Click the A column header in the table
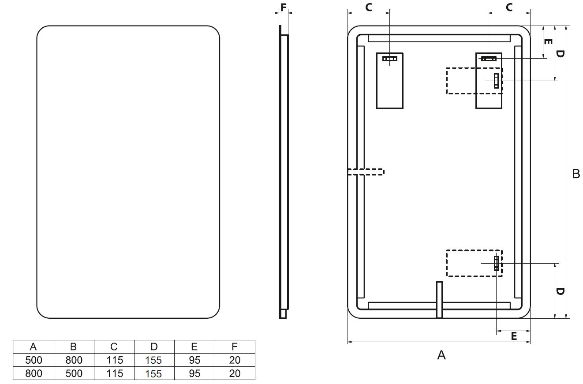(x=34, y=347)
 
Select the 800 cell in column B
(x=74, y=360)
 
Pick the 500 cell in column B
(x=74, y=373)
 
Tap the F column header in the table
(x=235, y=347)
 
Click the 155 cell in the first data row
(x=153, y=360)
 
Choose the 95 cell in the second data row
(x=194, y=373)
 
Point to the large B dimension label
(x=576, y=174)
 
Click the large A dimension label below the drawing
(x=441, y=355)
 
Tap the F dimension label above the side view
(x=284, y=7)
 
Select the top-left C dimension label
(x=369, y=7)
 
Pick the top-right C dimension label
(x=509, y=7)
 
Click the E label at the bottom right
(x=514, y=336)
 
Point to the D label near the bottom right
(x=560, y=291)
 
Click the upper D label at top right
(x=560, y=54)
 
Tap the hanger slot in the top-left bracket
(x=389, y=59)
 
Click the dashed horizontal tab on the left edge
(x=366, y=171)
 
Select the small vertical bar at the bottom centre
(x=439, y=300)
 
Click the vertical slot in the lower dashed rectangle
(x=496, y=263)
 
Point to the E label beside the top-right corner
(x=548, y=41)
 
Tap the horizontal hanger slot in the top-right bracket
(x=489, y=59)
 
